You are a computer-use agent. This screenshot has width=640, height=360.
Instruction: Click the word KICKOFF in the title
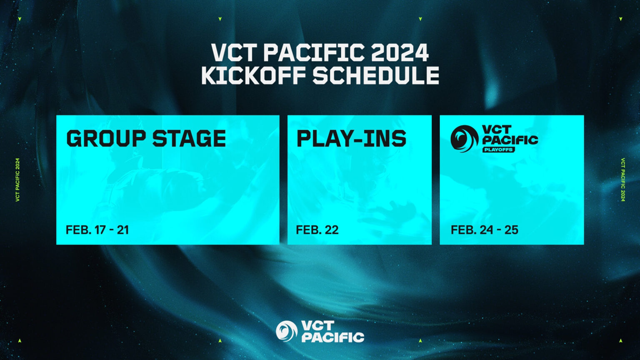[253, 76]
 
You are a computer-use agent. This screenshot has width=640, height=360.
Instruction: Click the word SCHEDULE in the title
[376, 76]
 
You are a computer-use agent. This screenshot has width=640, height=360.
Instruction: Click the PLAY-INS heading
[351, 139]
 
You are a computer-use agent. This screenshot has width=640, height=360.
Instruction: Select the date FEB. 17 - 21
[97, 230]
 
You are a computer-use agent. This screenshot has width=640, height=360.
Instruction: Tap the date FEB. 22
[317, 230]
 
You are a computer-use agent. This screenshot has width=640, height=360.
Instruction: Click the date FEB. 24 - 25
[484, 230]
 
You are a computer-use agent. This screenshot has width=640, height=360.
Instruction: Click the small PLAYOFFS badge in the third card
[498, 150]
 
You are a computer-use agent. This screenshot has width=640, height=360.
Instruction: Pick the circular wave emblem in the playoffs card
[464, 138]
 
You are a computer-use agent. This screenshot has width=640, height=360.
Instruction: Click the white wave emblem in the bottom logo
[286, 331]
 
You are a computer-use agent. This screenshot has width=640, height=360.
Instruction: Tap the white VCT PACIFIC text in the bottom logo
[332, 332]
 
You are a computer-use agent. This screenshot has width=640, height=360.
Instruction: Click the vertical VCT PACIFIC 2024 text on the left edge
[17, 180]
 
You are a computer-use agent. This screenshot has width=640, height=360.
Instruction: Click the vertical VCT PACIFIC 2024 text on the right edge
[622, 180]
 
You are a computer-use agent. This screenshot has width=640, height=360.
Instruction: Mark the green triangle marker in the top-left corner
[20, 19]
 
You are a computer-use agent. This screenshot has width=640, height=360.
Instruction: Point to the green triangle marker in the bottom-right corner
[620, 341]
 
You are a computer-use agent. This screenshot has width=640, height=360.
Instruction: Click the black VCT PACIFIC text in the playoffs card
[510, 135]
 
